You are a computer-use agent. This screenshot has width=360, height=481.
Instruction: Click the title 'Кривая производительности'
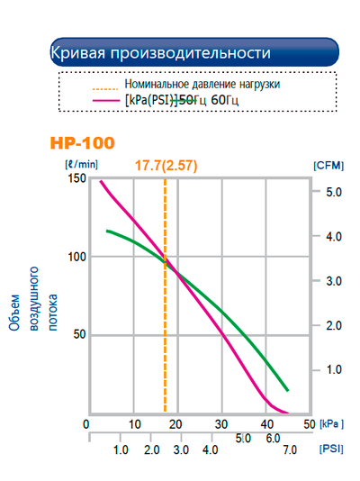tap(159, 52)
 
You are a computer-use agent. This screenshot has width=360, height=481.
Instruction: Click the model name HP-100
tap(83, 142)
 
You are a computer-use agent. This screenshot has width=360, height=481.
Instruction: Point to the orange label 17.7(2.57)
tap(166, 166)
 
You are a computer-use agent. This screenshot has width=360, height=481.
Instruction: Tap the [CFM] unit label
tap(326, 166)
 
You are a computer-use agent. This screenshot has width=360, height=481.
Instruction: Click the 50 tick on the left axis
tap(78, 334)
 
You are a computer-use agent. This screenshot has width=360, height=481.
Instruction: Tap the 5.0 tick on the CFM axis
tap(333, 192)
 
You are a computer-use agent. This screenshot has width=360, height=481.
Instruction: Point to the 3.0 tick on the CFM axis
tap(333, 281)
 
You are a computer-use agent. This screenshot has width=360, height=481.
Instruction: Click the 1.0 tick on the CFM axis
tap(333, 369)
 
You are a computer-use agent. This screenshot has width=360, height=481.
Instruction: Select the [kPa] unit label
tap(331, 423)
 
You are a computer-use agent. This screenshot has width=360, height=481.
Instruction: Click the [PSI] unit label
tap(330, 448)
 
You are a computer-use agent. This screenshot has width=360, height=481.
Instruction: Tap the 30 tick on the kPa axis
tap(221, 424)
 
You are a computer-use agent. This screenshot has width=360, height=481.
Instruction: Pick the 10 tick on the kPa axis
tap(133, 424)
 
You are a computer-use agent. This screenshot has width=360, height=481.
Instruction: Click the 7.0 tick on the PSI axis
tap(290, 449)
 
